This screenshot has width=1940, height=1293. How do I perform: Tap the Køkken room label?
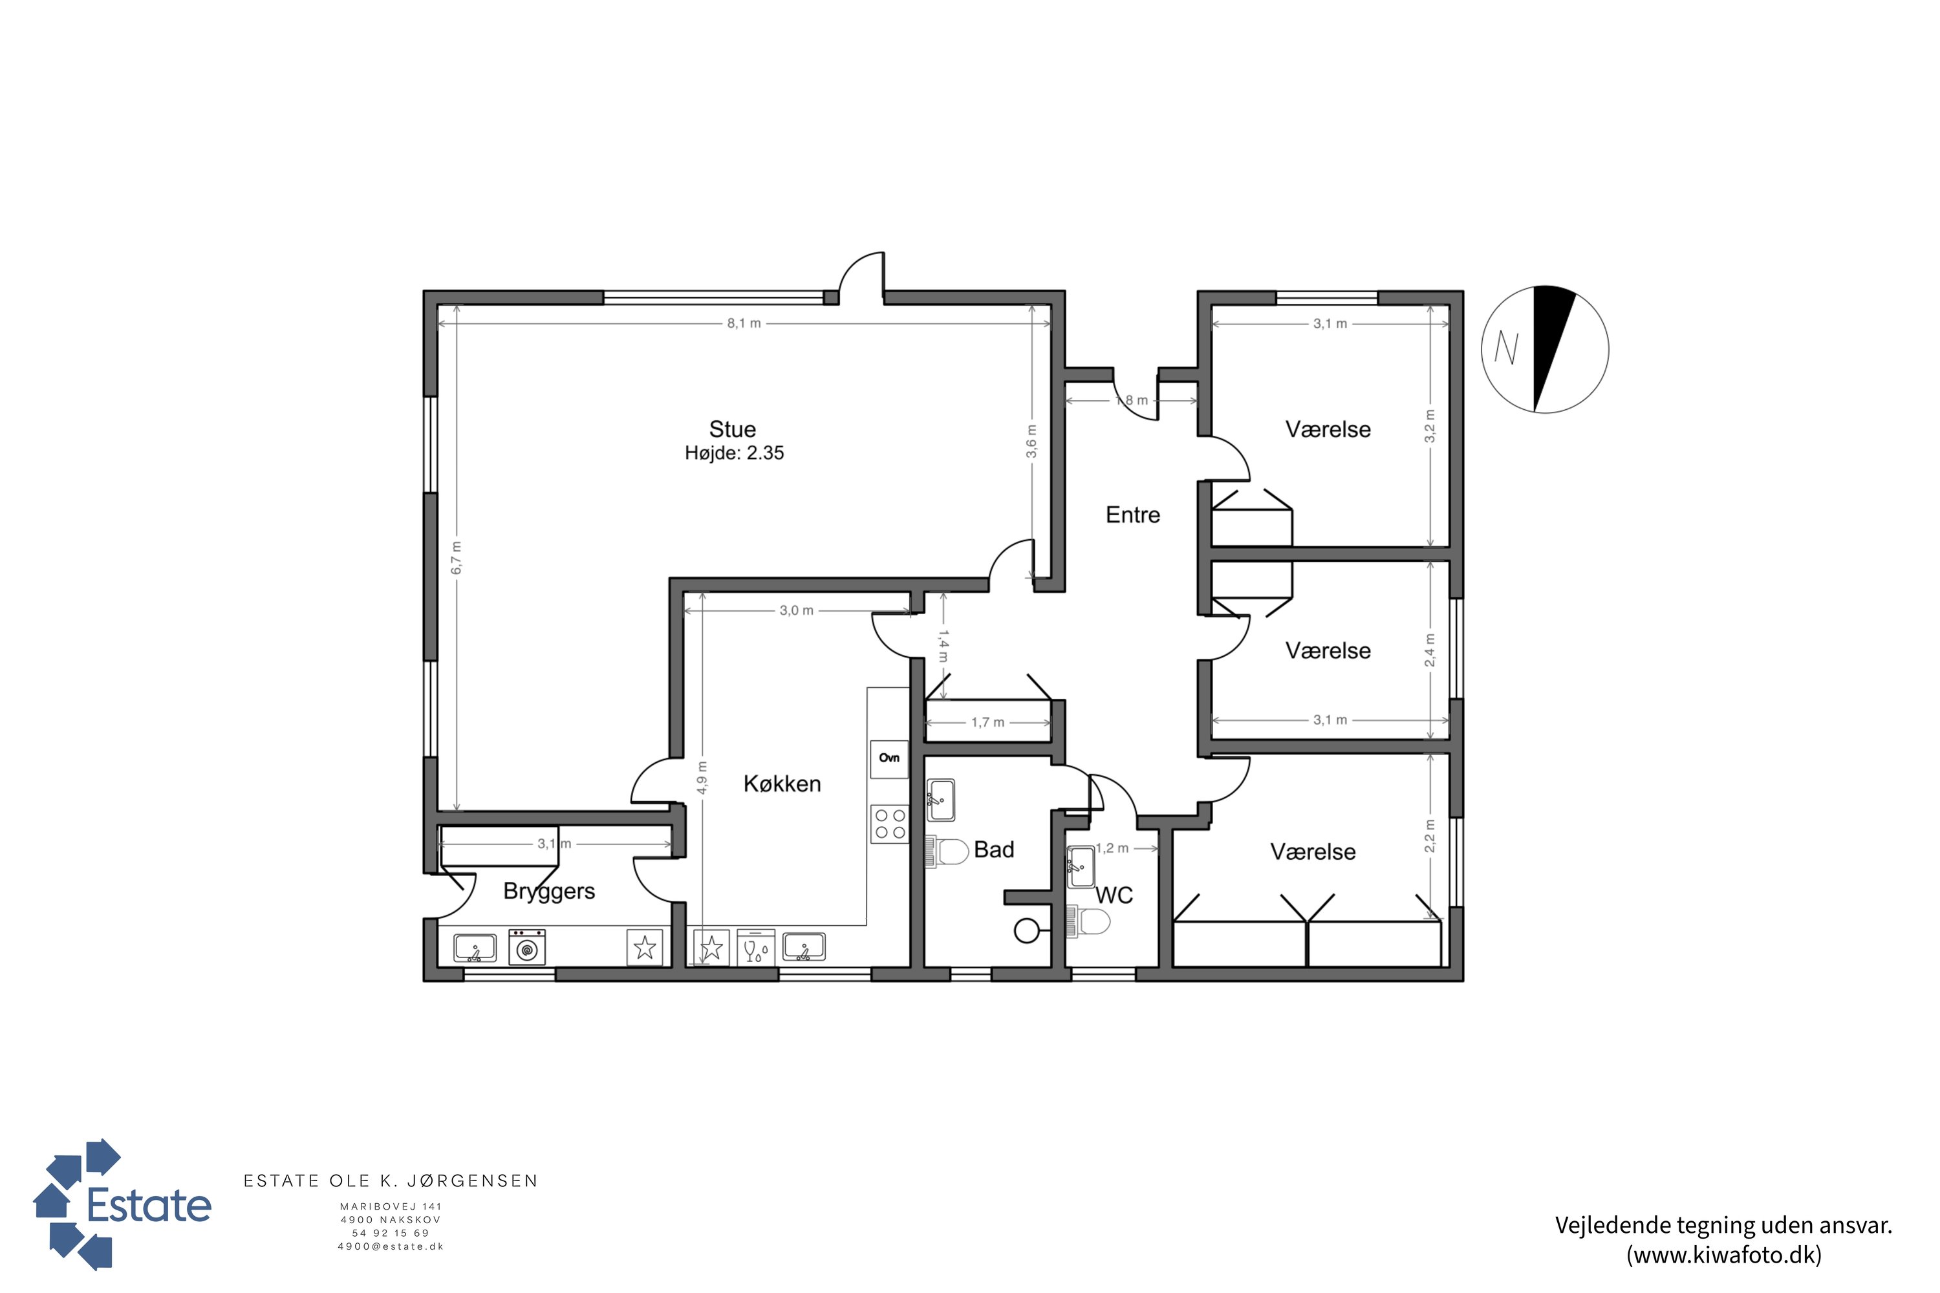(782, 784)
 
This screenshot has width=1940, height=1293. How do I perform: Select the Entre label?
(1132, 515)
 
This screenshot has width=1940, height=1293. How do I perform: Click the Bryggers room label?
(548, 892)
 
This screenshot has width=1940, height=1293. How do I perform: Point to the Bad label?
(994, 850)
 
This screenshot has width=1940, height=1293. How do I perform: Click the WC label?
(1114, 895)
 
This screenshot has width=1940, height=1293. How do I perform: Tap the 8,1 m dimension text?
(743, 323)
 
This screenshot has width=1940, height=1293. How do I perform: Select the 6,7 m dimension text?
(456, 559)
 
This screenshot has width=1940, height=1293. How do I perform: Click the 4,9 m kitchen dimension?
(701, 778)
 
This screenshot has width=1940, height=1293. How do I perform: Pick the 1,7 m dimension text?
(987, 722)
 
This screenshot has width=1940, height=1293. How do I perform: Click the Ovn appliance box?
(889, 758)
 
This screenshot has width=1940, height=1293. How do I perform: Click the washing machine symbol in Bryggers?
(527, 948)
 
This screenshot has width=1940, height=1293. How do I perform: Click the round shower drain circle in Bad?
(1026, 931)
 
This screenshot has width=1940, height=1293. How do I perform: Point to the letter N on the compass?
(1506, 348)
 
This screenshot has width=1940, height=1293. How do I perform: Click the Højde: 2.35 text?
(734, 453)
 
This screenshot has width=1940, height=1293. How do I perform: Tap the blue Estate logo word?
(149, 1206)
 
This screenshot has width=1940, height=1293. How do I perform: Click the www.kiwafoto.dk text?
(1724, 1255)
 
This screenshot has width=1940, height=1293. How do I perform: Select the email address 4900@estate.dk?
(391, 1247)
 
